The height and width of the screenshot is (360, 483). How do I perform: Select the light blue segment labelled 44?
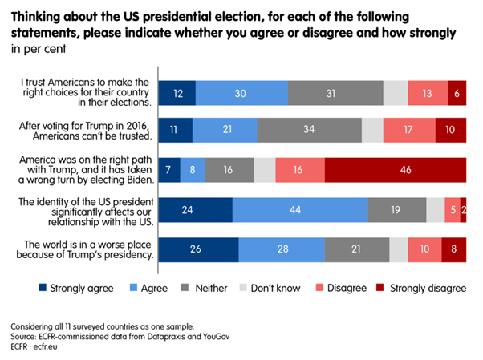(x=300, y=209)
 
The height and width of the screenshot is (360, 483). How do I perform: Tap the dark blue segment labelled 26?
(x=198, y=249)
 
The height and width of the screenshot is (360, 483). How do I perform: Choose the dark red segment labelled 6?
(x=457, y=93)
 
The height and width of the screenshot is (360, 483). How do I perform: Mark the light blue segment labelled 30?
(x=241, y=93)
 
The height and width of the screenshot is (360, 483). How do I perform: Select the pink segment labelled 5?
(x=453, y=209)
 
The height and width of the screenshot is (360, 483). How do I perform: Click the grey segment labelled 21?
(x=357, y=249)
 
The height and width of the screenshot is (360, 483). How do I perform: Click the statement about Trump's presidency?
(x=88, y=249)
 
